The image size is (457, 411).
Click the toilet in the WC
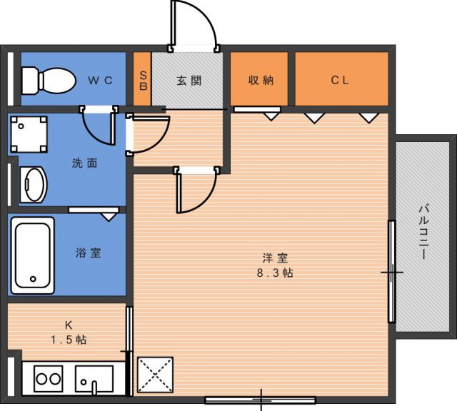point(49,81)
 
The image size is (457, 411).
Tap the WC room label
point(100,81)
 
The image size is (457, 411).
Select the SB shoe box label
point(144,81)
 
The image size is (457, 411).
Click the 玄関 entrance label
point(189,81)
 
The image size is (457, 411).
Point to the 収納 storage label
point(261,80)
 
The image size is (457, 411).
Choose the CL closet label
point(340,80)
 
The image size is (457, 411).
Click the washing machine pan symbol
point(29,134)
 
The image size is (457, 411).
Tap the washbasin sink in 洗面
point(34,185)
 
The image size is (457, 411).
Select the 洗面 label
point(84,163)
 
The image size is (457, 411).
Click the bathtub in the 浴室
point(33,255)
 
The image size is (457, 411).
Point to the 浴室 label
point(89,253)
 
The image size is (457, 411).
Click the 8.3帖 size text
point(275,273)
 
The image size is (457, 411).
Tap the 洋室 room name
point(275,258)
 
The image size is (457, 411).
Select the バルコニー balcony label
point(423,232)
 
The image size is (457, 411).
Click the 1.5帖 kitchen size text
point(69,340)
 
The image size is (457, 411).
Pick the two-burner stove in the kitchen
point(49,379)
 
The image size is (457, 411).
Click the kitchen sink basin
point(94,379)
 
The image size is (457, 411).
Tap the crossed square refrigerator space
point(156,375)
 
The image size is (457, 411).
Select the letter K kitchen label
point(69,325)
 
